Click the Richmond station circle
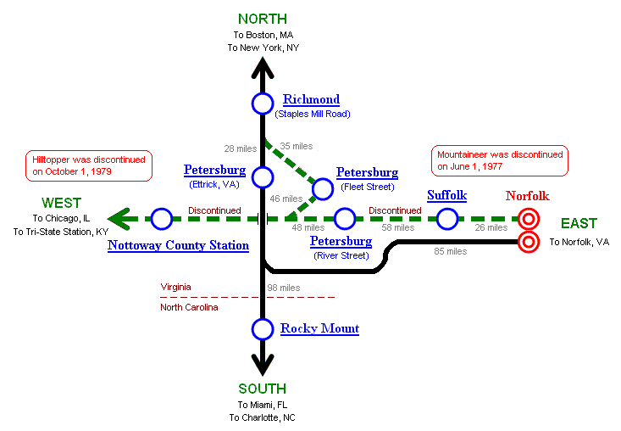tap(263, 104)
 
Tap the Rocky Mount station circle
tap(263, 328)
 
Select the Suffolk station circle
tap(447, 219)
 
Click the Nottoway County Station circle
tap(161, 219)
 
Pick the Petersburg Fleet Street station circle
tap(323, 188)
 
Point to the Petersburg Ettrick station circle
tap(263, 177)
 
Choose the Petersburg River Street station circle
tap(344, 219)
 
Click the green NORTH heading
tap(263, 19)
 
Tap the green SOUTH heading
tap(263, 389)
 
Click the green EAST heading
tap(579, 224)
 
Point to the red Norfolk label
tap(528, 196)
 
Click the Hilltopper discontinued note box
tap(90, 165)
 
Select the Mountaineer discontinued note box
tap(500, 160)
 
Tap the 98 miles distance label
tap(285, 288)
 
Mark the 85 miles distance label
tap(450, 251)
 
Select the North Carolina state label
tap(189, 307)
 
